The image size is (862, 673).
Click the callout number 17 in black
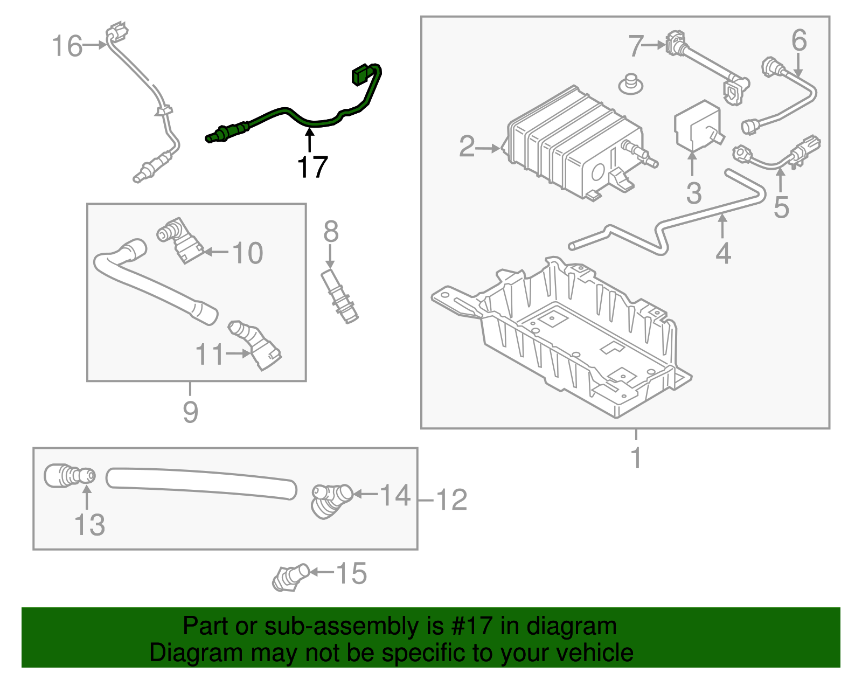[x=312, y=167]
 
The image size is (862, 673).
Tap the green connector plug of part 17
[x=360, y=75]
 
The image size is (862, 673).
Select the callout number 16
[x=67, y=46]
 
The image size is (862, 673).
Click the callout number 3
[x=694, y=193]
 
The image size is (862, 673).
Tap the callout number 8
[x=331, y=232]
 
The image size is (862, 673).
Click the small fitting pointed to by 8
[x=339, y=297]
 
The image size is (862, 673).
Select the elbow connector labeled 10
[x=180, y=241]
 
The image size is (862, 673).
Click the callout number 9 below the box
[x=190, y=412]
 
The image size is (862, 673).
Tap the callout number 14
[x=395, y=495]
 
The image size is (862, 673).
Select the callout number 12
[x=451, y=500]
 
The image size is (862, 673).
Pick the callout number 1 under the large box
[x=636, y=458]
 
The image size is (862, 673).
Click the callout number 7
[x=636, y=46]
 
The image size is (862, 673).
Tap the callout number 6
[x=799, y=41]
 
